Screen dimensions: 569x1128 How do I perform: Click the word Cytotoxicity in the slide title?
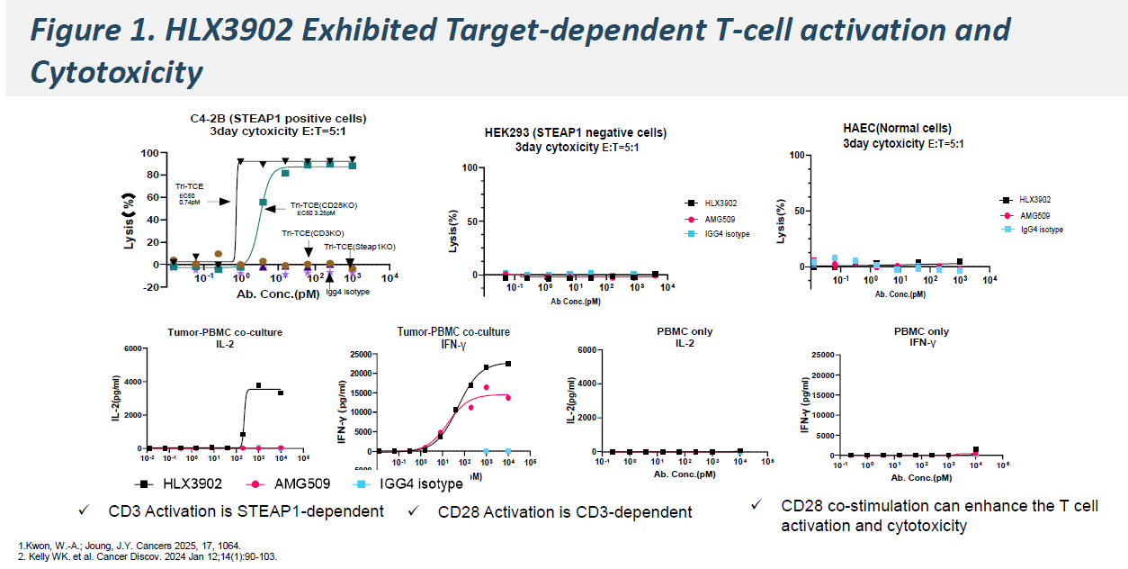pyautogui.click(x=116, y=72)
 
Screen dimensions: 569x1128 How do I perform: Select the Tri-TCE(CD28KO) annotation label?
pyautogui.click(x=323, y=206)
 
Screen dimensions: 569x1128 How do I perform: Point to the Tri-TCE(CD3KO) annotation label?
pyautogui.click(x=310, y=233)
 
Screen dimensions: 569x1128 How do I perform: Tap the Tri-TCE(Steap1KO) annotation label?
pyautogui.click(x=360, y=247)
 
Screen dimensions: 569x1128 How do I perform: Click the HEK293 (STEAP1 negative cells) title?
pyautogui.click(x=575, y=133)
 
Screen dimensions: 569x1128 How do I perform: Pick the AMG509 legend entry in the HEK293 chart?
pyautogui.click(x=721, y=219)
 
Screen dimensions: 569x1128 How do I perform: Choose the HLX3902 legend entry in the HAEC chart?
pyautogui.click(x=1030, y=201)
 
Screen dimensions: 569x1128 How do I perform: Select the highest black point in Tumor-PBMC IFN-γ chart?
pyautogui.click(x=508, y=364)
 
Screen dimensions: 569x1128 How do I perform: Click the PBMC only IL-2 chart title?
pyautogui.click(x=685, y=337)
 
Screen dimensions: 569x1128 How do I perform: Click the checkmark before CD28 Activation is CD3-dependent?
pyautogui.click(x=413, y=511)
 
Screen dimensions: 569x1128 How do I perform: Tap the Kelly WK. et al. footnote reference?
pyautogui.click(x=148, y=556)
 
